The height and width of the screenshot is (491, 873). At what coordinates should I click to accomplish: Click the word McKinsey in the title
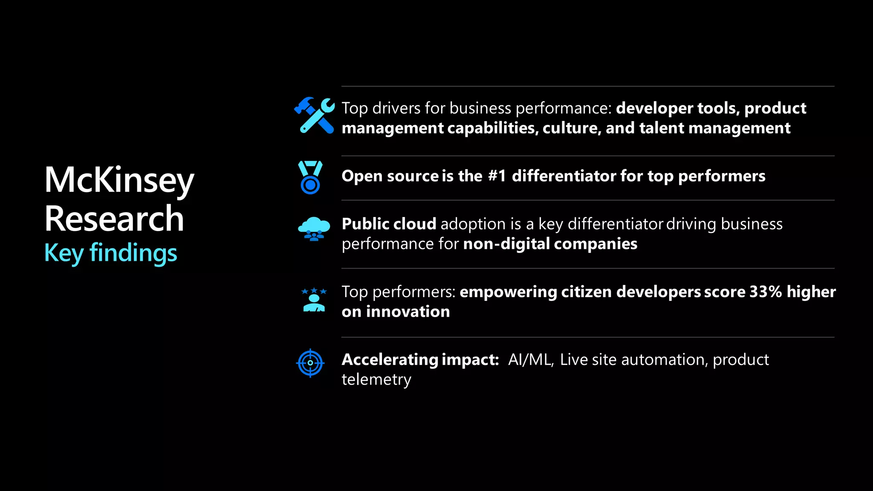tap(119, 180)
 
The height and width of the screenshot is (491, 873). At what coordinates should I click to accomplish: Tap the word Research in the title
tap(114, 219)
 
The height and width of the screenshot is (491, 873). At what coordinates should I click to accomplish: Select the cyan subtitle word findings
tap(133, 253)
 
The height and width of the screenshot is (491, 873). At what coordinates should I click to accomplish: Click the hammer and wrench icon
tap(315, 115)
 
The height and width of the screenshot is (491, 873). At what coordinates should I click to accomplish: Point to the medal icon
tap(310, 177)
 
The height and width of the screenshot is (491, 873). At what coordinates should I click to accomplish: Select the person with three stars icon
tap(314, 300)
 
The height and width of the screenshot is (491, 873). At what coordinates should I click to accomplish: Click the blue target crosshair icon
tap(310, 363)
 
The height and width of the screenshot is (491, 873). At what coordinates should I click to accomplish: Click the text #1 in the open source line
tap(497, 176)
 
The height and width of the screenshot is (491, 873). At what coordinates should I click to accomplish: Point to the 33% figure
tap(766, 292)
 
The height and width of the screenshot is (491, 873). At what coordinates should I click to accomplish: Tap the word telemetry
tap(376, 379)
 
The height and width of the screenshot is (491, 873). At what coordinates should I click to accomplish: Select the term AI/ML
tap(531, 360)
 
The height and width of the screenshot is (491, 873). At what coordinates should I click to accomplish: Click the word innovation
tap(408, 312)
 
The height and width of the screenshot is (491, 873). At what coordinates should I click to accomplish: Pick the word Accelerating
tap(390, 360)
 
